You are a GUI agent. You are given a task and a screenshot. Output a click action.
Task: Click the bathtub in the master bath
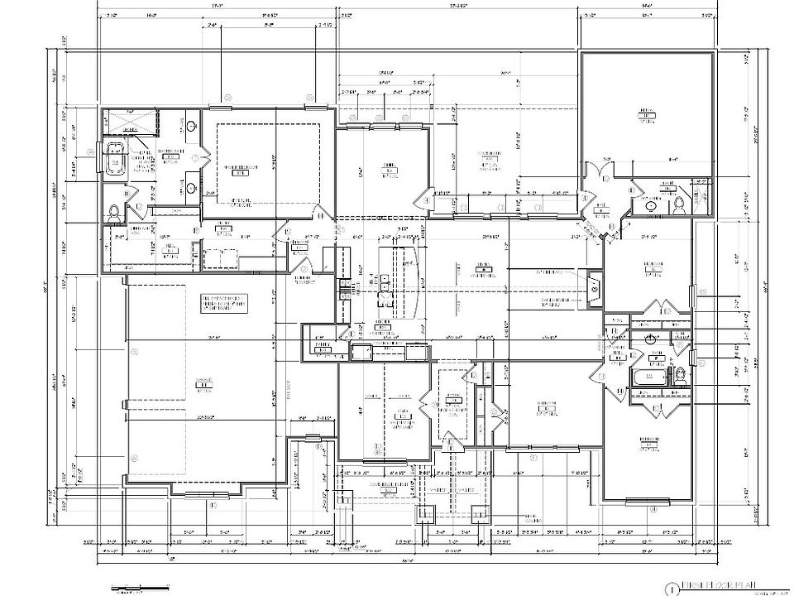pos(112,158)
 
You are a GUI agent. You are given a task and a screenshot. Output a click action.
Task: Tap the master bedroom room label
pos(240,170)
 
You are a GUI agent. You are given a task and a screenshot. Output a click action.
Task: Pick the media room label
pos(647,114)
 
